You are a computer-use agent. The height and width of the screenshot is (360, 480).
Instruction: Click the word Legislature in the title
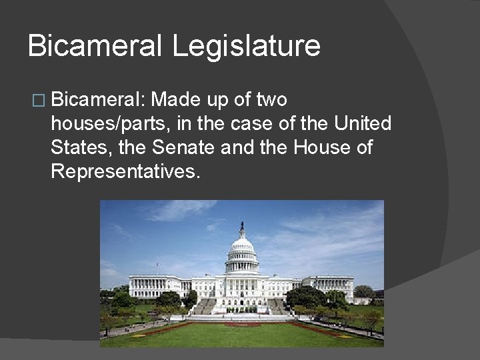pyautogui.click(x=247, y=47)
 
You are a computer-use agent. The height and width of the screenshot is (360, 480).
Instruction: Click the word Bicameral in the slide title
pyautogui.click(x=95, y=47)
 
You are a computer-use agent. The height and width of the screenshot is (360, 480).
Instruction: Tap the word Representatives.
pyautogui.click(x=125, y=171)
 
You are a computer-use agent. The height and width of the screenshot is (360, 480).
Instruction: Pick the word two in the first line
pyautogui.click(x=270, y=100)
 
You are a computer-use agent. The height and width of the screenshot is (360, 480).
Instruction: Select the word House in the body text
pyautogui.click(x=317, y=147)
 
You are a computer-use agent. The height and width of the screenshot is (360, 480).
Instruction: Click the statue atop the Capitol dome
pyautogui.click(x=242, y=227)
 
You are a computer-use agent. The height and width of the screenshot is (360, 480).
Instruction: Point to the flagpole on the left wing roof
pyautogui.click(x=157, y=268)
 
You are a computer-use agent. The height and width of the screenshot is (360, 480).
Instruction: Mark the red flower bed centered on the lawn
pyautogui.click(x=243, y=325)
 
